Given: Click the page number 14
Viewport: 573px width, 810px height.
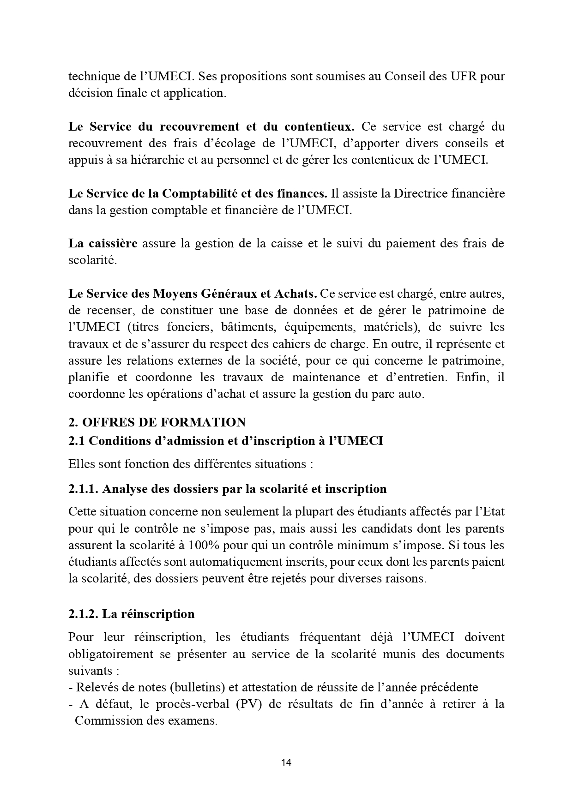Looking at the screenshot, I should pyautogui.click(x=286, y=762).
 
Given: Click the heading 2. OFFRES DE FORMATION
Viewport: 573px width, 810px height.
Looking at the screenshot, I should pyautogui.click(x=157, y=422).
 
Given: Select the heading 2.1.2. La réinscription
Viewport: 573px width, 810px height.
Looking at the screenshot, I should pyautogui.click(x=131, y=614).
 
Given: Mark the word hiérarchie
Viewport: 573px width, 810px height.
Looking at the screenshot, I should pyautogui.click(x=156, y=160).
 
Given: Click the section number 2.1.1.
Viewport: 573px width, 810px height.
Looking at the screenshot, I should pyautogui.click(x=83, y=489).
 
